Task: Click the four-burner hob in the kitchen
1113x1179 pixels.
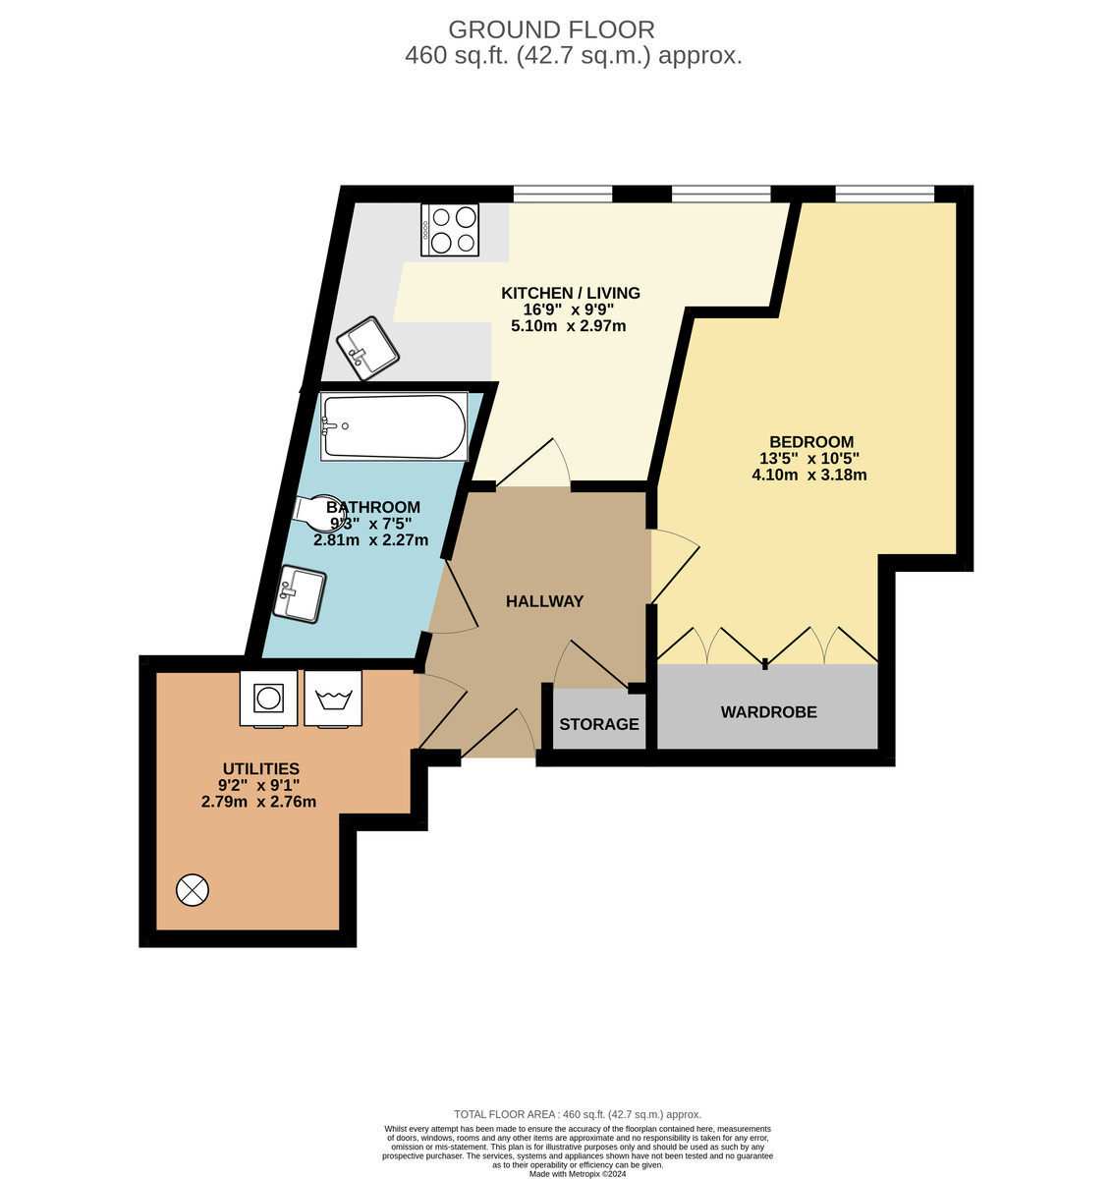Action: (450, 230)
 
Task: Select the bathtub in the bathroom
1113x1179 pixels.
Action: (394, 426)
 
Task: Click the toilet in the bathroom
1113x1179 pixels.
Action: (319, 510)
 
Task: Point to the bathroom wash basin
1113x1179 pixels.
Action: (301, 593)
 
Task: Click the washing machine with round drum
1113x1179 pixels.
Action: (268, 698)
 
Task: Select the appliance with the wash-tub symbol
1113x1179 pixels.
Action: (333, 699)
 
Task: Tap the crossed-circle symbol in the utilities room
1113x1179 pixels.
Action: (193, 890)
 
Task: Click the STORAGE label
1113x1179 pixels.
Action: (599, 724)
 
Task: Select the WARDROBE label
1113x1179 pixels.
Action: (768, 712)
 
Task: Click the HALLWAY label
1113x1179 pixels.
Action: (544, 601)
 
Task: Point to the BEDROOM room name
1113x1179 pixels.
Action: (811, 442)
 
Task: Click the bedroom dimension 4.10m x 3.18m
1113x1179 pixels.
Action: (808, 476)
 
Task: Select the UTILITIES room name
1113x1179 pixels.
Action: (260, 768)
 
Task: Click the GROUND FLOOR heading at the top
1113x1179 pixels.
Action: (551, 29)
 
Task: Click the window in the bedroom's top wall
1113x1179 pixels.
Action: (884, 194)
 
